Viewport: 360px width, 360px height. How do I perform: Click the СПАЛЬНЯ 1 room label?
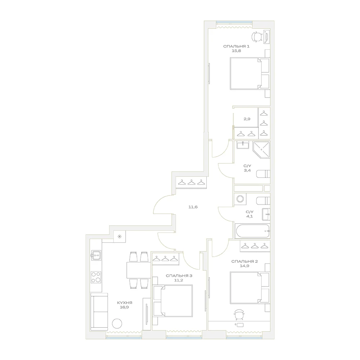(236, 46)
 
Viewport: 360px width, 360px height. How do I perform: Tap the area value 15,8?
(236, 51)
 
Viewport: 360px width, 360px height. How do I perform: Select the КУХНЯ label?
(125, 303)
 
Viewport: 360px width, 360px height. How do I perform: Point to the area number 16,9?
(124, 307)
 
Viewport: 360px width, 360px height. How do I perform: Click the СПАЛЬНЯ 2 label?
(244, 261)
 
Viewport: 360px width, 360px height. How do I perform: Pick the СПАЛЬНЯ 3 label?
(179, 276)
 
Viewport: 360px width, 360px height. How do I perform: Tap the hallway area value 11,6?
(193, 207)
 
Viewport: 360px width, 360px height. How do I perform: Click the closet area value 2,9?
(247, 119)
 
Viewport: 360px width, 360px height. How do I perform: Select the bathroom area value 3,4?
(247, 170)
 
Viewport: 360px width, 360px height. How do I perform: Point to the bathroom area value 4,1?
(249, 216)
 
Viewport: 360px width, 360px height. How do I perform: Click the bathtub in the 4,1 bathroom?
(252, 231)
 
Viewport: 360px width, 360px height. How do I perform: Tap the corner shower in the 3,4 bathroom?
(261, 149)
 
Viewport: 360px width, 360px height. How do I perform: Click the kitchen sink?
(96, 255)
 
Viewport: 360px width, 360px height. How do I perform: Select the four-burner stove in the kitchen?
(96, 277)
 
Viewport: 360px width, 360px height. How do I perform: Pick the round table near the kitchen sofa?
(117, 324)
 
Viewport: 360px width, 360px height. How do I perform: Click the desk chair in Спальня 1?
(257, 37)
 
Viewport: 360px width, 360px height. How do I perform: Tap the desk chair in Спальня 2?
(239, 315)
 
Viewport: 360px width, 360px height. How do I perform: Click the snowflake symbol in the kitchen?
(120, 237)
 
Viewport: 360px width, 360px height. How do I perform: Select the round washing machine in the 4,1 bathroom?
(240, 199)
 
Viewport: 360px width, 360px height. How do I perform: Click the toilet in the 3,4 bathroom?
(263, 174)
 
